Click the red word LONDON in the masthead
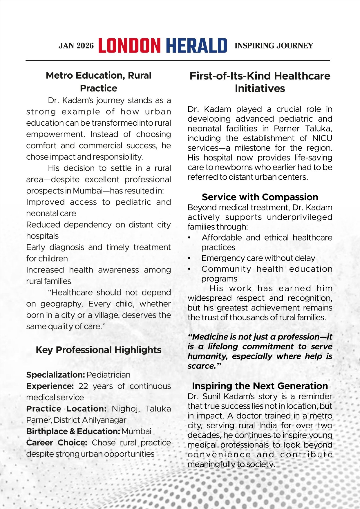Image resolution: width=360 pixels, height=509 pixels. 129,46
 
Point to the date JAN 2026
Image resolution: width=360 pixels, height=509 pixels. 76,46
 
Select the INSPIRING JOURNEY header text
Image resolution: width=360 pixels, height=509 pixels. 274,46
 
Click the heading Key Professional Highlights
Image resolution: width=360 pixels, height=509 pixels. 98,350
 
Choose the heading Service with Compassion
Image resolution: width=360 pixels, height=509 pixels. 260,197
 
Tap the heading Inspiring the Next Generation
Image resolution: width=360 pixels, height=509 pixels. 260,386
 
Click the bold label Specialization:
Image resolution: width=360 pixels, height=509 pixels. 55,375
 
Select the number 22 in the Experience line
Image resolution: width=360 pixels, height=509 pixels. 83,386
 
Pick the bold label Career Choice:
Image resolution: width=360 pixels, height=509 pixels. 57,443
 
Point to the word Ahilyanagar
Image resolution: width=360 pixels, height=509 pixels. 104,420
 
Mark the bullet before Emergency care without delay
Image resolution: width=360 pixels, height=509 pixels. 189,258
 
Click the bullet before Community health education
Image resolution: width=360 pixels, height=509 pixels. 189,269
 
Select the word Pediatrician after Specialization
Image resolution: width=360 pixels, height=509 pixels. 108,375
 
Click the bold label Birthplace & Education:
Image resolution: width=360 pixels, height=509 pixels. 73,431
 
